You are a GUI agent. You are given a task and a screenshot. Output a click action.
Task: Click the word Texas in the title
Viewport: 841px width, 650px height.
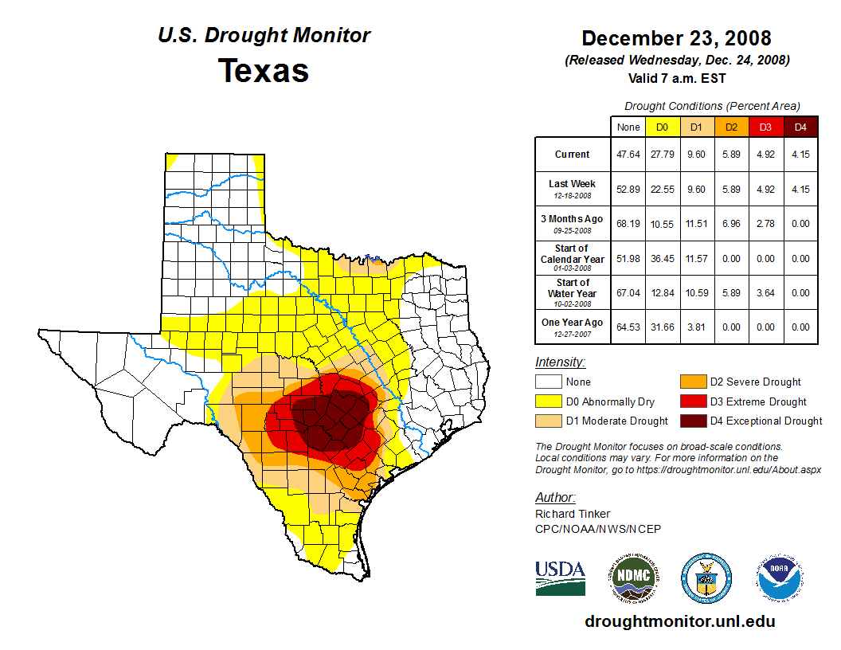tap(264, 71)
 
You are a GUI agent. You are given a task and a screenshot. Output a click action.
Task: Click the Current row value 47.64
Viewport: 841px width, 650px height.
tap(628, 155)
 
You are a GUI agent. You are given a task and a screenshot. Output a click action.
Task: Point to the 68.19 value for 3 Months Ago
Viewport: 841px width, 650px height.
tap(628, 224)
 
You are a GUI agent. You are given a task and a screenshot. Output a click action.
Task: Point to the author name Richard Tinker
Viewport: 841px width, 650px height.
tap(573, 514)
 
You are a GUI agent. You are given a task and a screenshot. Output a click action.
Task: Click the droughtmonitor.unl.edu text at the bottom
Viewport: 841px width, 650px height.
tap(679, 621)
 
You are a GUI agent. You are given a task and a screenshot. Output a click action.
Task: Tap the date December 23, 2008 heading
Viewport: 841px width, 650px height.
tap(676, 38)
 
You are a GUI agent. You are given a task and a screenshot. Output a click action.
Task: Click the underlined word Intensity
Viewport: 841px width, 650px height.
tap(560, 362)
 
